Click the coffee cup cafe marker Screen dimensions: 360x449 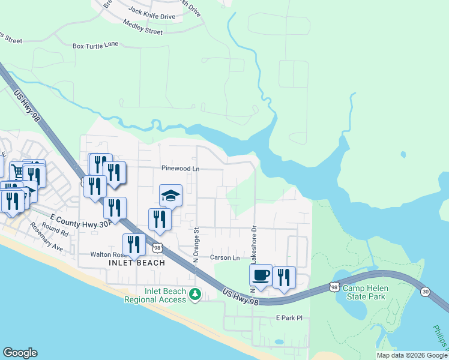pos(261,275)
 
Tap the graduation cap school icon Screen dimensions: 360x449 pos(170,196)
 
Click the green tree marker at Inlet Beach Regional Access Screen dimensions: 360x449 pos(194,294)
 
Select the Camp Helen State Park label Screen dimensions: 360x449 pos(365,292)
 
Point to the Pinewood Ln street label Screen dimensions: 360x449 pos(180,169)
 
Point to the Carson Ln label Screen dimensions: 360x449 pos(225,258)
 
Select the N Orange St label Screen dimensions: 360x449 pos(196,245)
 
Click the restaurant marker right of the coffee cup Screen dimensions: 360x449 pos(284,277)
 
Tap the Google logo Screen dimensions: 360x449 pos(20,353)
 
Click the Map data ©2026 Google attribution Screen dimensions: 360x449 pos(412,355)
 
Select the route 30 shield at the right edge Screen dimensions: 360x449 pos(426,291)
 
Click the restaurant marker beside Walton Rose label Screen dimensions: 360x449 pos(133,244)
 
